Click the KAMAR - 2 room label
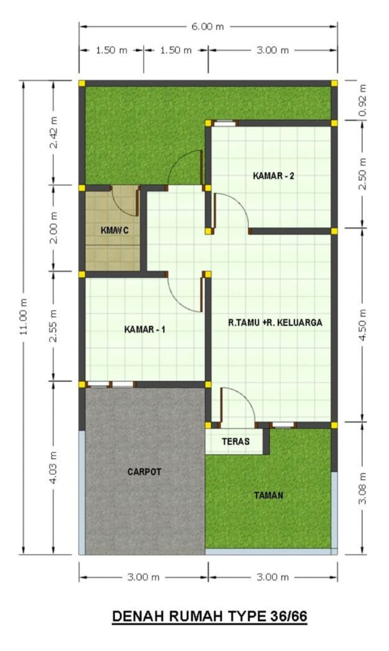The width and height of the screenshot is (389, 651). point(274,176)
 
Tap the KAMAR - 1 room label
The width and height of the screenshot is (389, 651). point(145,329)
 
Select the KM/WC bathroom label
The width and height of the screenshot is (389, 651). point(114,230)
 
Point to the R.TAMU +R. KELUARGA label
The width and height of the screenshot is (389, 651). point(275,323)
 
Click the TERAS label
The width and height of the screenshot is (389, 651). point(236,442)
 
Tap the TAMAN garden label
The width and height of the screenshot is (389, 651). point(269,496)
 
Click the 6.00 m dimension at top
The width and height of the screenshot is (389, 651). point(208,27)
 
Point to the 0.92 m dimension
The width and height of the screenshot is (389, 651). point(362,100)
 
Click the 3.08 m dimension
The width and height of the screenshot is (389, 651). point(362,488)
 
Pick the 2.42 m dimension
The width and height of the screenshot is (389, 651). point(53,132)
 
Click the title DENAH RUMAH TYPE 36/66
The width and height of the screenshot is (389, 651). point(209,616)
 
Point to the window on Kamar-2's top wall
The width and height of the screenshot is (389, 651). point(225,123)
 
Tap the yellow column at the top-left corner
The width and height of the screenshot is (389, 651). point(82,83)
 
